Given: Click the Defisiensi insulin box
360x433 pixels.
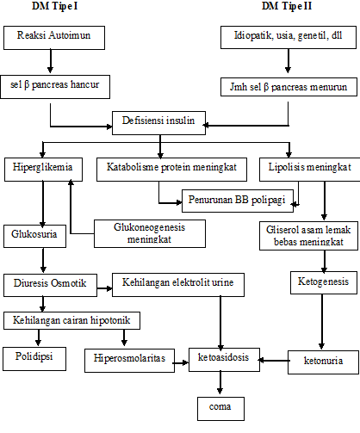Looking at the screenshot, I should [x=159, y=121].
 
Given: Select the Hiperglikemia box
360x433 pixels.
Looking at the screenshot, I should [x=43, y=168].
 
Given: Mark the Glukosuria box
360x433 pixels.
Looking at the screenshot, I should [x=33, y=233].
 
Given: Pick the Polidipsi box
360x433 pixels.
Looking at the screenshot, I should [x=40, y=355].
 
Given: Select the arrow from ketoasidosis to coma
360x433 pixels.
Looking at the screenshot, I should [x=220, y=382].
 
